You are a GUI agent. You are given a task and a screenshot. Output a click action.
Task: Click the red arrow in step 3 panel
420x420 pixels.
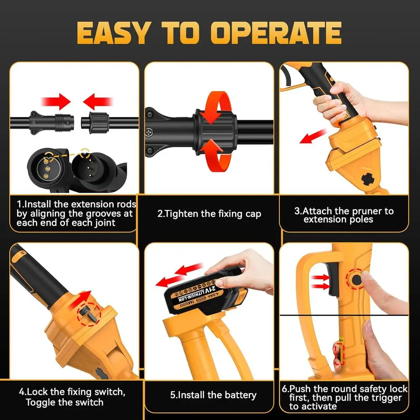[x=313, y=136]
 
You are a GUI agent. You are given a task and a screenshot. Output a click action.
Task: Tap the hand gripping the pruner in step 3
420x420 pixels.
[x=336, y=103]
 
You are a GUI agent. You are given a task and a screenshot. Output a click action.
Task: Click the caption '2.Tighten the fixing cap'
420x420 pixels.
[x=209, y=214]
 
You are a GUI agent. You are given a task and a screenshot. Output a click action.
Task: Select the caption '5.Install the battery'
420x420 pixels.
[x=213, y=395]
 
